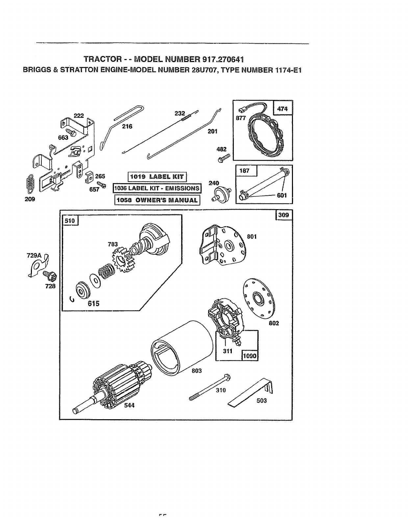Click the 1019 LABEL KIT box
[157, 177]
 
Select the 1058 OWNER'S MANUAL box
[157, 200]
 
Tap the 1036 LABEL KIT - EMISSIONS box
[157, 188]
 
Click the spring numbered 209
[30, 185]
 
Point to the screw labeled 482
[223, 158]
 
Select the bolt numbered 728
[49, 274]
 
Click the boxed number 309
[283, 215]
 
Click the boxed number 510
[70, 221]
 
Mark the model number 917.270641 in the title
[215, 60]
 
